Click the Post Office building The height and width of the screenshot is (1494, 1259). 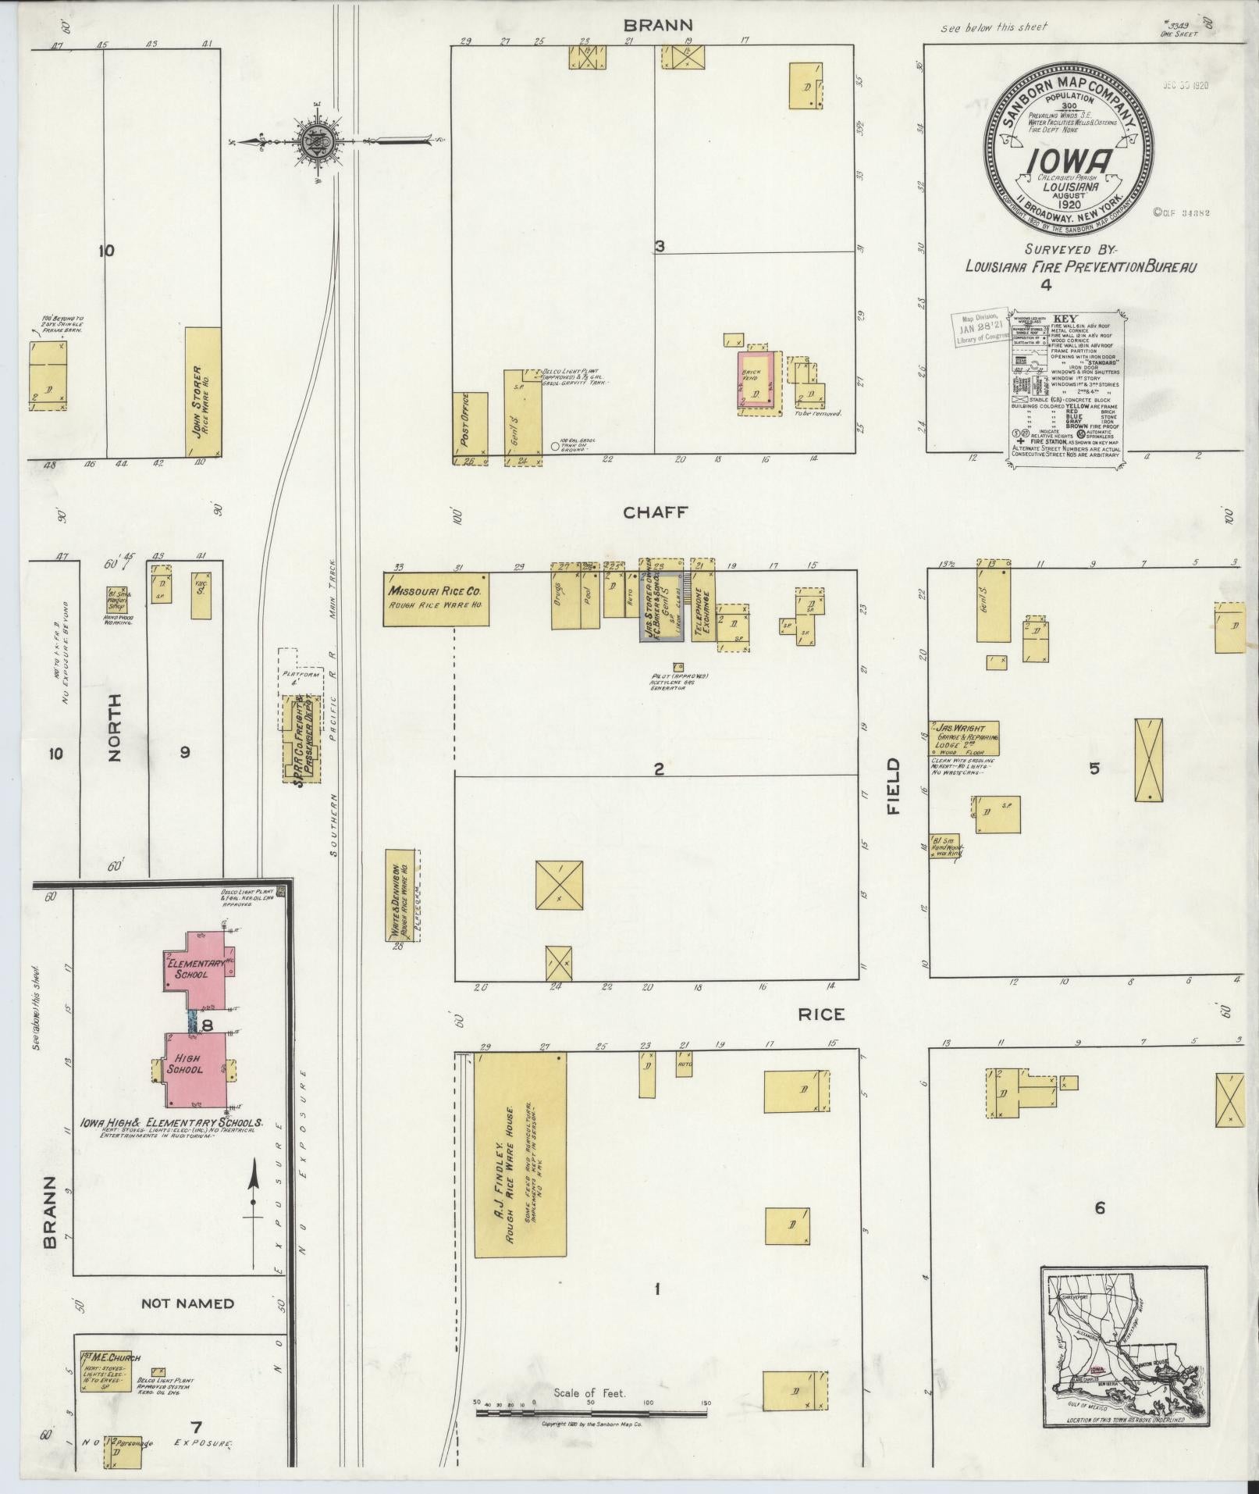(471, 428)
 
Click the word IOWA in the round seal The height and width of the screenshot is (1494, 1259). (1069, 161)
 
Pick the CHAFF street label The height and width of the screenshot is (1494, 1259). (654, 512)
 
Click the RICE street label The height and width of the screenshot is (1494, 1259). (821, 1014)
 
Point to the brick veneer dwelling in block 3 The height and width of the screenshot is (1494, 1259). (757, 380)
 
